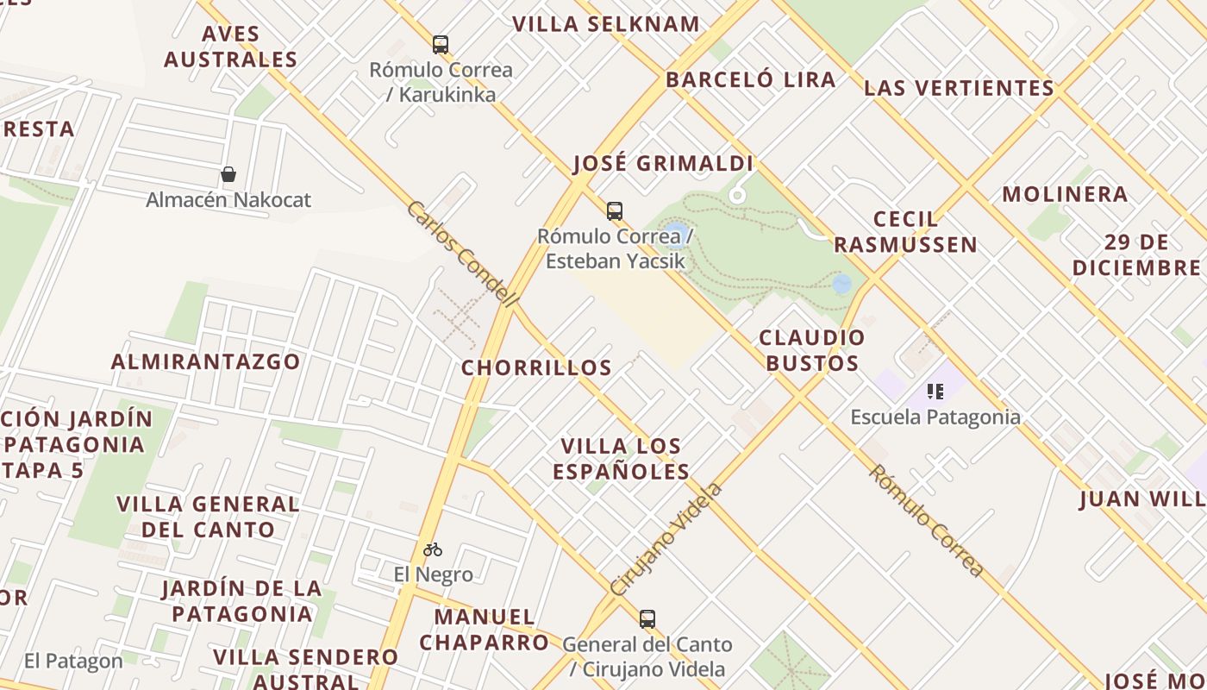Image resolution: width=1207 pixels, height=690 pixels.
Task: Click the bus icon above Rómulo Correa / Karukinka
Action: coord(441,44)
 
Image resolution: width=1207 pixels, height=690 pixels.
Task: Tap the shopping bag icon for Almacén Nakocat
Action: coord(228,175)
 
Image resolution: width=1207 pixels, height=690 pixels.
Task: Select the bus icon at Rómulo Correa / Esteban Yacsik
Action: coord(615,210)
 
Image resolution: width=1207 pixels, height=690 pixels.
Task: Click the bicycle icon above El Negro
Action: coord(433,549)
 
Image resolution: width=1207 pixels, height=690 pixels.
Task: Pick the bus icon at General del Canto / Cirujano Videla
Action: coord(647,618)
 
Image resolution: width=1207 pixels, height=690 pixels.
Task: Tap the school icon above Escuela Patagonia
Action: coord(935,392)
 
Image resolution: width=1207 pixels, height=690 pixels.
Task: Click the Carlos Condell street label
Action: coord(462,254)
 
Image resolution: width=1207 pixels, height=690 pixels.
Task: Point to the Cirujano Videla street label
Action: coord(666,540)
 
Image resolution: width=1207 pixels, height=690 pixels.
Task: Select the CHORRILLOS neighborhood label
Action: coord(536,368)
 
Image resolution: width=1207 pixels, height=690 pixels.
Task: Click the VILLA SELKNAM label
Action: coord(606,24)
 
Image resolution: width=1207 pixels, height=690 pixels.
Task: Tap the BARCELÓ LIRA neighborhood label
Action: coord(751,80)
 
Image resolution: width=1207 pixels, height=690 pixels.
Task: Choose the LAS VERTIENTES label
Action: coord(960,88)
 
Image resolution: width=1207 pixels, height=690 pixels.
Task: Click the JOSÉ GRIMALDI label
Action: coord(664,164)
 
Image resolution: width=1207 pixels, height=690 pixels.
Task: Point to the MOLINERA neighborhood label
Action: coord(1065,194)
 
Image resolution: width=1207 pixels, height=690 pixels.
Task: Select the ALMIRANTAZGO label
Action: coord(205,361)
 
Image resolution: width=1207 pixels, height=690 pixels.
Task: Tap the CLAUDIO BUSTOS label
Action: coord(812,350)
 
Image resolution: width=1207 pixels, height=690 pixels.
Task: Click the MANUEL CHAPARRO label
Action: coord(485,630)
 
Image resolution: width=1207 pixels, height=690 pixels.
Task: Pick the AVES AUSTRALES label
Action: coord(230,47)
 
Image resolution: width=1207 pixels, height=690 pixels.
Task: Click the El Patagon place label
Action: coord(73,662)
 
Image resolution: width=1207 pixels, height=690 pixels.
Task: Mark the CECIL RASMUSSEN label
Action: coord(905,232)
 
